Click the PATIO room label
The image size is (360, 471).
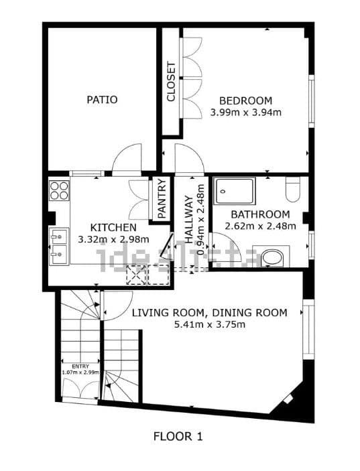coord(102,100)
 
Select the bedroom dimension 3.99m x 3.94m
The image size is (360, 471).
coord(245,112)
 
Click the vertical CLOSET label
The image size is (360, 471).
coord(171,82)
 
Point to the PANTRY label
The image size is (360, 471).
coord(162,198)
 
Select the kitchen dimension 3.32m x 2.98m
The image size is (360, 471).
coord(113,239)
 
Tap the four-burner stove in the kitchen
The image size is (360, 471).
coord(59,190)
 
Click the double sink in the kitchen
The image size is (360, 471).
coord(59,245)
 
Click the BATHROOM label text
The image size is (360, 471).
coord(260,214)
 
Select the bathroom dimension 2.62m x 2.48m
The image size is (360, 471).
coord(260,226)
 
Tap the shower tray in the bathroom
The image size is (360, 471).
coord(235,193)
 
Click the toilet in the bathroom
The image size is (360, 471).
coord(292,190)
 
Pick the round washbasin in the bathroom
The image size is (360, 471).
coord(272,257)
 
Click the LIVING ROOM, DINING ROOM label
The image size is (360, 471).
coord(209,313)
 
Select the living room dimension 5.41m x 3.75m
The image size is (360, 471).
coord(209,325)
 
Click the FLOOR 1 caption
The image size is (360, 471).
coord(178,436)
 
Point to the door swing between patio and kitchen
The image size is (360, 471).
coord(125,161)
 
